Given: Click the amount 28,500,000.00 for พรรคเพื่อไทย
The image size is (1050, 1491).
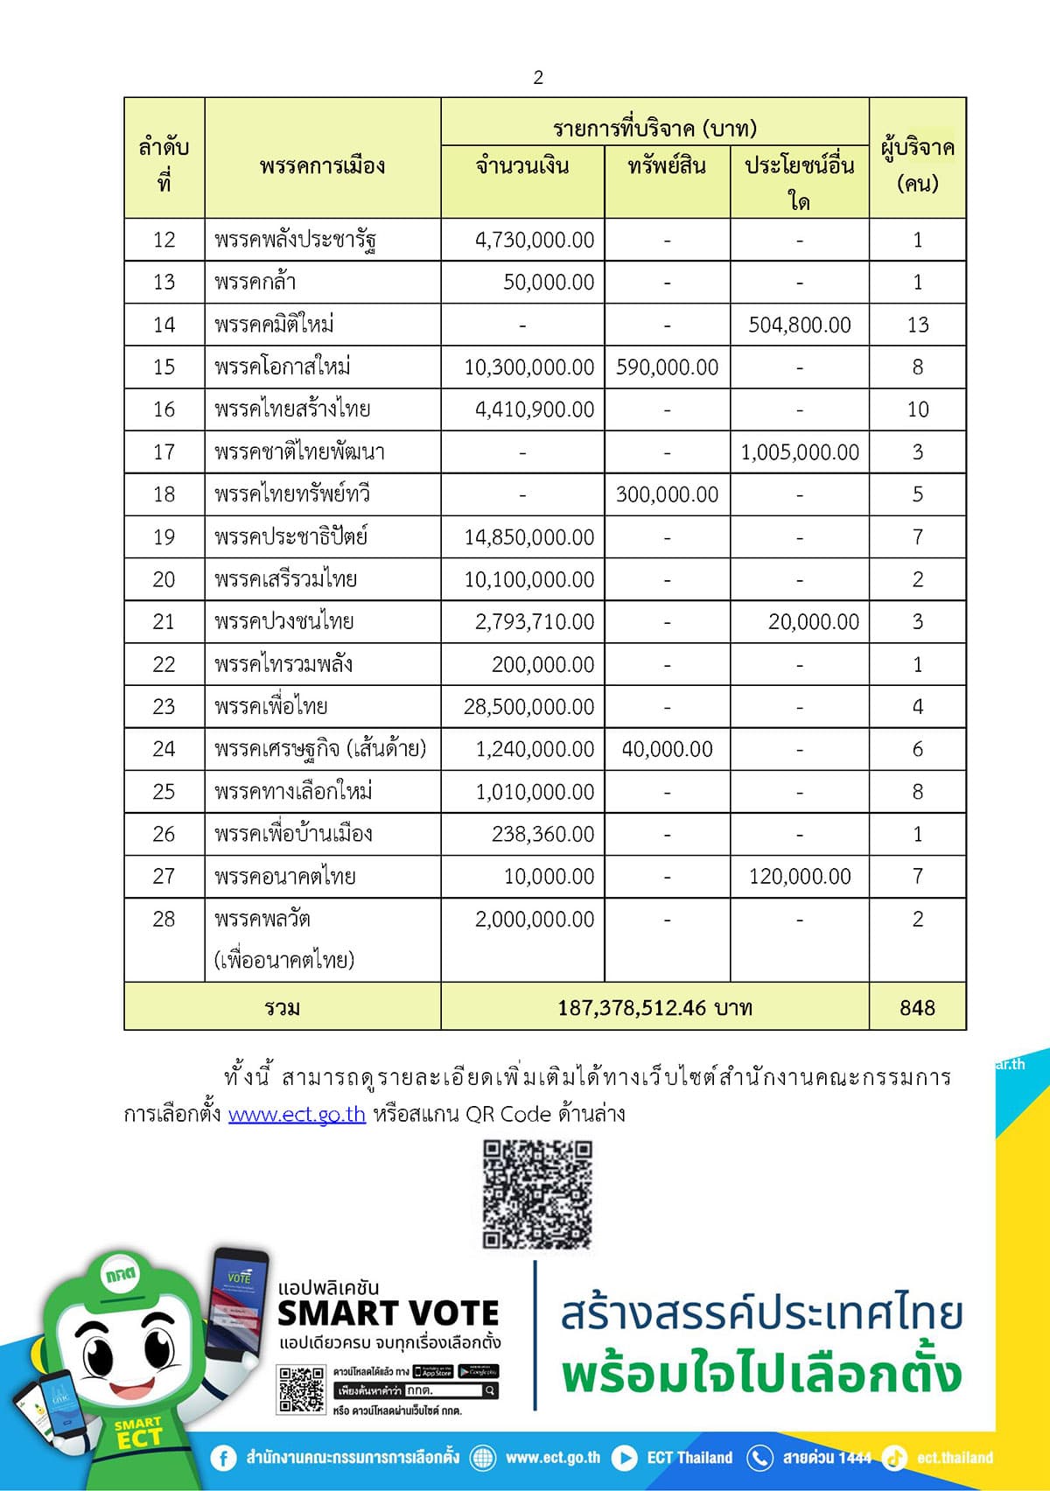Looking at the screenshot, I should click(x=528, y=707).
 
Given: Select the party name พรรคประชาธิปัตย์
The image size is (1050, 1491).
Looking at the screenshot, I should click(x=290, y=536).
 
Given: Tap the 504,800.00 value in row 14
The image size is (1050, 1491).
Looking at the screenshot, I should click(x=799, y=325).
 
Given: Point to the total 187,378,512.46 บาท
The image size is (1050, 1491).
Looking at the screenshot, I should click(x=654, y=1008).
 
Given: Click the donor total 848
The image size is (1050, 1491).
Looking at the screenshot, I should click(x=917, y=1008).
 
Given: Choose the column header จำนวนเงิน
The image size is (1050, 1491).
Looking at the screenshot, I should click(x=522, y=165).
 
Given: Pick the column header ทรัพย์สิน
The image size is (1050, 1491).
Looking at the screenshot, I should click(x=667, y=165).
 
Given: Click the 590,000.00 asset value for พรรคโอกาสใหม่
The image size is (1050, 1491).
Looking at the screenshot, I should click(x=667, y=367).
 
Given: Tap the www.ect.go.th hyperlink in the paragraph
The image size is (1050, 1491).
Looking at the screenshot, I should click(x=297, y=1114).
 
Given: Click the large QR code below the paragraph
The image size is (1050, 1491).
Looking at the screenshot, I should click(x=537, y=1193).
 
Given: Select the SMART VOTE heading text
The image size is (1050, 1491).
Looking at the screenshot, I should click(x=388, y=1313).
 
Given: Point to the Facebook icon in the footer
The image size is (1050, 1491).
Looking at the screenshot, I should click(x=223, y=1458).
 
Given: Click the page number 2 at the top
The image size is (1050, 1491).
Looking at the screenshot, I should click(x=538, y=78).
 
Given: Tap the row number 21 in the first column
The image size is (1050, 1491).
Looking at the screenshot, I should click(x=164, y=622).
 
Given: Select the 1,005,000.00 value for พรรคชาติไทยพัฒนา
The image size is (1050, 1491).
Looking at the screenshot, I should click(x=800, y=452).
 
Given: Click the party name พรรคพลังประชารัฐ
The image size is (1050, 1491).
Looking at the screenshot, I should click(x=295, y=240).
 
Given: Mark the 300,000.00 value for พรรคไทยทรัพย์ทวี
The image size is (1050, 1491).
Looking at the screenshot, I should click(x=667, y=494).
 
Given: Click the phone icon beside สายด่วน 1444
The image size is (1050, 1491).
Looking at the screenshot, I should click(x=759, y=1458).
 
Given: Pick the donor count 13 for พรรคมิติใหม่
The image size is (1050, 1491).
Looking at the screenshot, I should click(x=917, y=325).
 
